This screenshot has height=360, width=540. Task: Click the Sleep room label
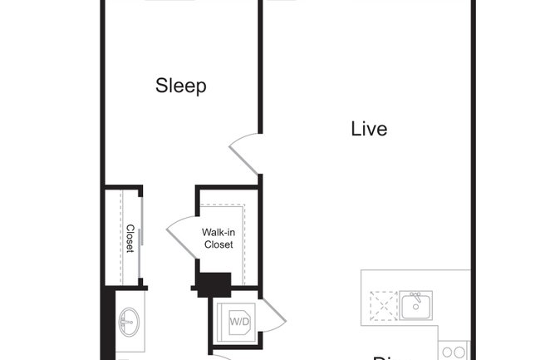pos(180,86)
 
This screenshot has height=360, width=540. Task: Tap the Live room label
pos(369,130)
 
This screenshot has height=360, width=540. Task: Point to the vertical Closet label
pos(130,239)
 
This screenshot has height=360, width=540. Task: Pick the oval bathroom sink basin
pos(129,319)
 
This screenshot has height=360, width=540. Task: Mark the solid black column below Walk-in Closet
pos(214,285)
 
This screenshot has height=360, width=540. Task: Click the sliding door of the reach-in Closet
pos(141,239)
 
